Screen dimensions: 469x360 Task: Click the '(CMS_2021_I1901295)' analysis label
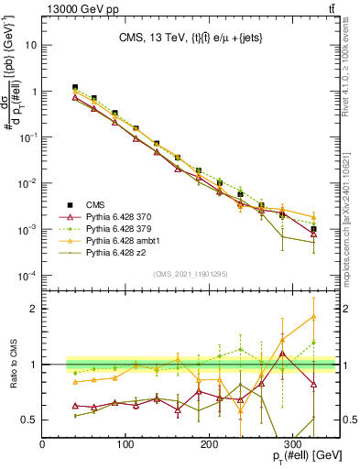(x=191, y=274)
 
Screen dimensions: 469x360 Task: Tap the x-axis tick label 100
(x=125, y=443)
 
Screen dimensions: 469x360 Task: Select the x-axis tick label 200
(x=210, y=443)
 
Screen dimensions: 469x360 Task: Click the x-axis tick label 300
(x=293, y=443)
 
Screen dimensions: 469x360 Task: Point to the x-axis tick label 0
(x=42, y=443)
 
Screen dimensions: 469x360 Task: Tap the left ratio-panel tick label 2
(x=35, y=309)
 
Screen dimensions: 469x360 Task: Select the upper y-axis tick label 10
(x=33, y=45)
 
